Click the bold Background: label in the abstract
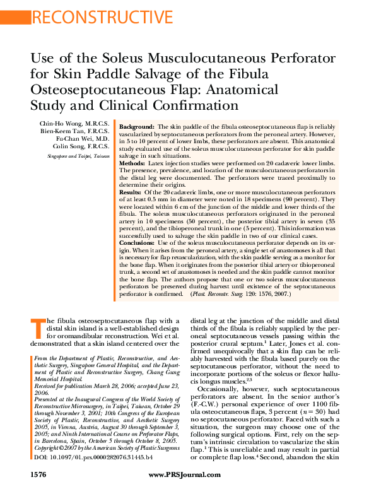tap(137, 127)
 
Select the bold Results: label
tap(131, 192)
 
